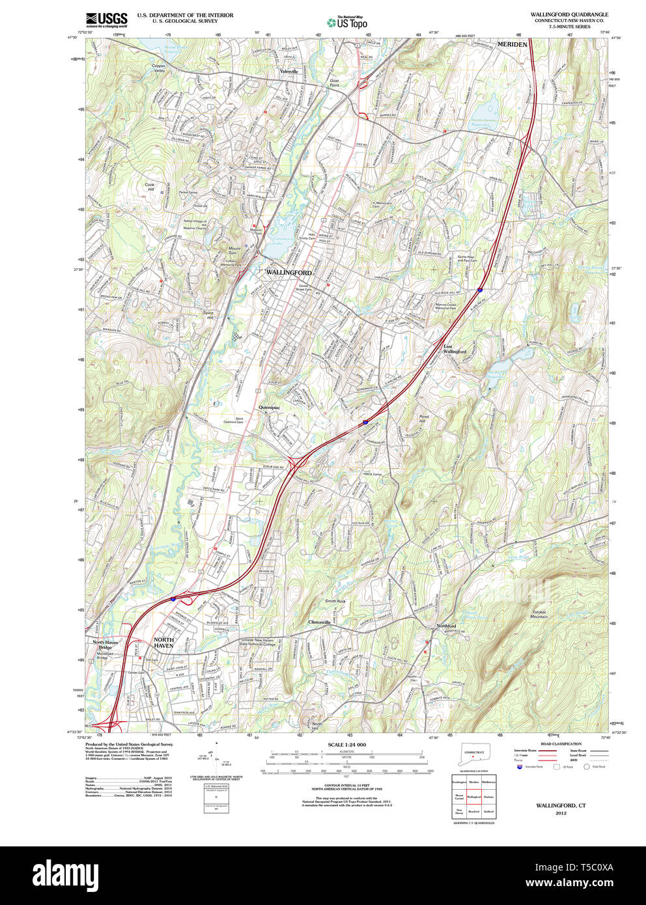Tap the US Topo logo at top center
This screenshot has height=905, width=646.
click(x=346, y=22)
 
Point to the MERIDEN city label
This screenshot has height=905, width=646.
click(x=512, y=44)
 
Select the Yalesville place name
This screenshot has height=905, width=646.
click(x=288, y=71)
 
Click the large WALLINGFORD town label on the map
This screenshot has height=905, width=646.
click(x=288, y=272)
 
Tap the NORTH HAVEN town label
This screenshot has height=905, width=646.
click(x=163, y=643)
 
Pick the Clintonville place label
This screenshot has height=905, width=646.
click(x=319, y=622)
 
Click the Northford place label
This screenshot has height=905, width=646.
click(x=446, y=626)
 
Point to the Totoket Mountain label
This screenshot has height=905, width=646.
click(x=539, y=614)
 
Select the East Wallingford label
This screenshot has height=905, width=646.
click(x=454, y=348)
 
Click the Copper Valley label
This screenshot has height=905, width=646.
click(x=158, y=68)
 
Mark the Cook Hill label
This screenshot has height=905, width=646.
click(x=150, y=187)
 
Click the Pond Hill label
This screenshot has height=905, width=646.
click(x=424, y=419)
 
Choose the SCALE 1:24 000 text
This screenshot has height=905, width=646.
click(x=346, y=745)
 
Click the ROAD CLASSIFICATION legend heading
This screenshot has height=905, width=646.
click(x=561, y=744)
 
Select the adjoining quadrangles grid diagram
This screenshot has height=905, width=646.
click(x=473, y=796)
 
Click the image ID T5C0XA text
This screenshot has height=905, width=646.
click(x=589, y=867)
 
